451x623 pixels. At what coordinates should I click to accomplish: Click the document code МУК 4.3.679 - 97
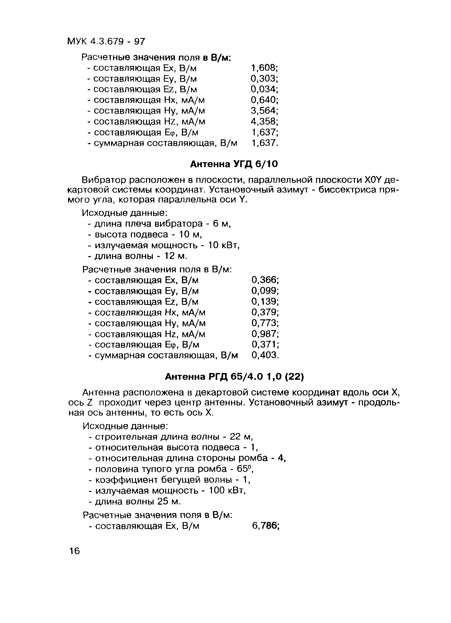click(x=106, y=42)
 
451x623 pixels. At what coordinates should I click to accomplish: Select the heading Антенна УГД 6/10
click(x=234, y=164)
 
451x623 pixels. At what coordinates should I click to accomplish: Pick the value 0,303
click(x=264, y=79)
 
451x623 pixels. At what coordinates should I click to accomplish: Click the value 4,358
click(x=264, y=121)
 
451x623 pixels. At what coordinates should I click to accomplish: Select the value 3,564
click(x=264, y=111)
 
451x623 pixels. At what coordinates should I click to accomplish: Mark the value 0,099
click(x=265, y=291)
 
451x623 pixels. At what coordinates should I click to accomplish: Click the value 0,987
click(x=265, y=334)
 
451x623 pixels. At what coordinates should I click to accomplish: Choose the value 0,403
click(x=265, y=355)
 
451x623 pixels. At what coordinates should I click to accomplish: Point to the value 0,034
click(x=264, y=89)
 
